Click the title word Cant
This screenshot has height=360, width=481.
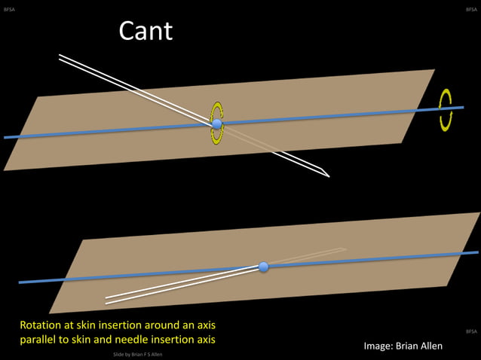146,31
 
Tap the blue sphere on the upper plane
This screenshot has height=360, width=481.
217,124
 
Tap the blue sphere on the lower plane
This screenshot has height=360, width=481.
263,267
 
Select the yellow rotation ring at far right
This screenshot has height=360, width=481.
446,110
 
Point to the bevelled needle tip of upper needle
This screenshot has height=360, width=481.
328,175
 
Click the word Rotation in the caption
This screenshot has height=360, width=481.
42,325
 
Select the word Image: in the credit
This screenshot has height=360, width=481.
379,346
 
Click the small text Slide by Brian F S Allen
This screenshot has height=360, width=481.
137,354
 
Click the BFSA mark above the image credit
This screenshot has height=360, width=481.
470,331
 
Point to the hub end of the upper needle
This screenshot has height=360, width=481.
60,57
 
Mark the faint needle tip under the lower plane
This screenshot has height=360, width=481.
344,249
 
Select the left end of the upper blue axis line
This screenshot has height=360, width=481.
6,137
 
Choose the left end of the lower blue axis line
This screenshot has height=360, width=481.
20,282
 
